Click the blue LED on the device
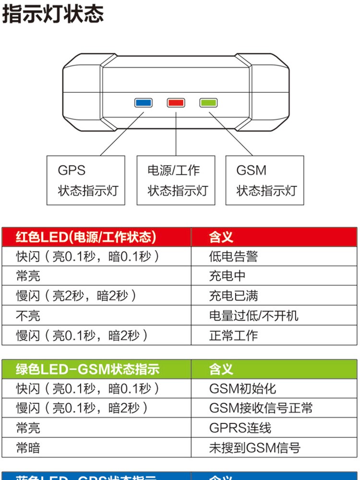[x=143, y=102]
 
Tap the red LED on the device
[x=176, y=102]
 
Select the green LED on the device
[x=208, y=102]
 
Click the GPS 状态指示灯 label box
[x=86, y=180]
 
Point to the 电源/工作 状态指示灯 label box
[x=176, y=180]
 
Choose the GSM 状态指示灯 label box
[x=264, y=180]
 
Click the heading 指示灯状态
[x=53, y=14]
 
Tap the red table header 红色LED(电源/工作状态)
[x=86, y=237]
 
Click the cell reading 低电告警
[x=233, y=256]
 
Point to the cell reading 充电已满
[x=233, y=296]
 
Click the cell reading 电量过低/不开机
[x=253, y=315]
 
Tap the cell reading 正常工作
[x=233, y=335]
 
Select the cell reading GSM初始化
[x=243, y=388]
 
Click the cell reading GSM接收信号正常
[x=261, y=408]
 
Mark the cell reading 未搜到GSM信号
[x=254, y=448]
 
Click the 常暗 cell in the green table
[x=28, y=448]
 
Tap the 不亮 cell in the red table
[x=28, y=315]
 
